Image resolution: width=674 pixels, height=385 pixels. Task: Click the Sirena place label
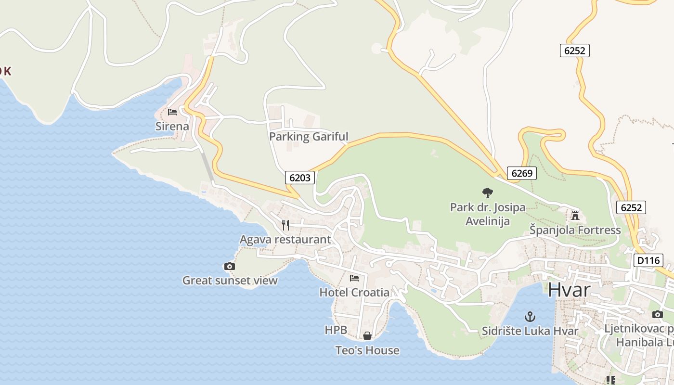point(172,126)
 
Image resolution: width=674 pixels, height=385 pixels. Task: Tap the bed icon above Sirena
point(172,112)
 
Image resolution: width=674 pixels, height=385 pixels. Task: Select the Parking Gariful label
point(308,136)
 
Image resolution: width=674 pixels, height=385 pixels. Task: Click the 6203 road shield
point(299,178)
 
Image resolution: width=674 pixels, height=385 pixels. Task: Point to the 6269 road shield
point(521,173)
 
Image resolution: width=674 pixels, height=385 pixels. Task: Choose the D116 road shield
point(648,260)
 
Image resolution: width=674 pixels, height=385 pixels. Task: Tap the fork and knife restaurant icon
point(285,225)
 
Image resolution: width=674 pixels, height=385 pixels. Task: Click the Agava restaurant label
point(285,239)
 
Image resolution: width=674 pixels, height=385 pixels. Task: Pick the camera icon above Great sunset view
point(230,266)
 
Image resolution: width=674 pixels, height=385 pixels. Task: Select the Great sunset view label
point(230,280)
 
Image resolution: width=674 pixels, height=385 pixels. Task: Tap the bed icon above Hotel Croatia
point(354,278)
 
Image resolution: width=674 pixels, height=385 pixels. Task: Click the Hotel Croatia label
point(354,292)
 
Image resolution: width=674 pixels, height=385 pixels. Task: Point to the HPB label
point(336,330)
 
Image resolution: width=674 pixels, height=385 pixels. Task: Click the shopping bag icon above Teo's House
point(367,336)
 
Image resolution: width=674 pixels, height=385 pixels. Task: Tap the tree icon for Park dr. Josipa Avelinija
point(487,193)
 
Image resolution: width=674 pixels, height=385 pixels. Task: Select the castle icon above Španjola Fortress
point(575,215)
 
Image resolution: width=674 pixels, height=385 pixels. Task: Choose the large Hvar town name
point(569,290)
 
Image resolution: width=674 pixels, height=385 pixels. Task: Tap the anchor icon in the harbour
point(530,317)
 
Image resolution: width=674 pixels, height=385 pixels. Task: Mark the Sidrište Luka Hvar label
point(530,331)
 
